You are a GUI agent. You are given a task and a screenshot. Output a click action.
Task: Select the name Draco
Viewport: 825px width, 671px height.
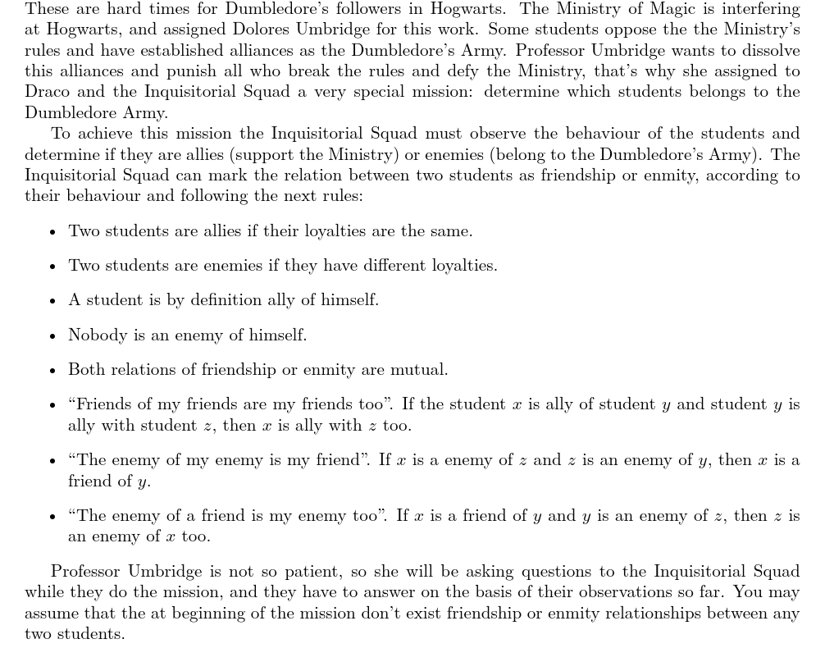pyautogui.click(x=48, y=92)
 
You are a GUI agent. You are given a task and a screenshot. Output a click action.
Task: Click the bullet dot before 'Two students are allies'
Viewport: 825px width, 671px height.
pyautogui.click(x=52, y=232)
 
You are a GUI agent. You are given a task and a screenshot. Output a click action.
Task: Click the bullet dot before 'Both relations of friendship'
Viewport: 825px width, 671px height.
pyautogui.click(x=52, y=371)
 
